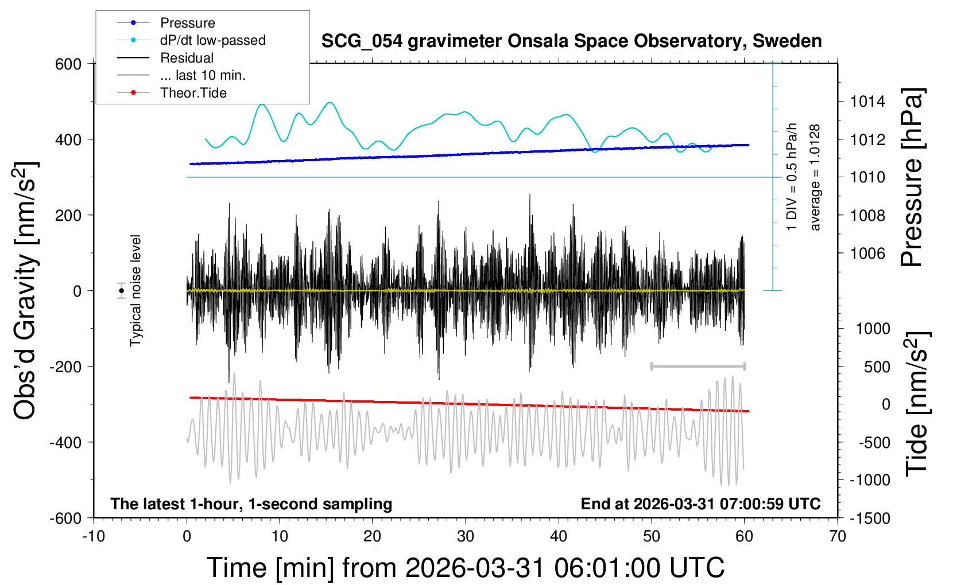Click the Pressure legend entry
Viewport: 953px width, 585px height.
(187, 23)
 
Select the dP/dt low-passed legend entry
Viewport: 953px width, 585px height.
(212, 40)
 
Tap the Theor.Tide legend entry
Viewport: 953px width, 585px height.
(193, 93)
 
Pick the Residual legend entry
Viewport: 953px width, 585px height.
(187, 58)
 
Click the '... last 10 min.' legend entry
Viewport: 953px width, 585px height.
(203, 75)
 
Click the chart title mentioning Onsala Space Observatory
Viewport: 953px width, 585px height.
(571, 41)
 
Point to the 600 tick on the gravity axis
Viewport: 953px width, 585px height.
(68, 64)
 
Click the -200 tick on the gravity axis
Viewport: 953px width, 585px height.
(65, 366)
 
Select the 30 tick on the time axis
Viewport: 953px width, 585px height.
(466, 536)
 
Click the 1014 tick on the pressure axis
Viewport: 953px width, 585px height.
(867, 102)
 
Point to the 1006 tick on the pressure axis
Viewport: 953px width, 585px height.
(867, 253)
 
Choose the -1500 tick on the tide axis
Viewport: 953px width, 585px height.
(870, 518)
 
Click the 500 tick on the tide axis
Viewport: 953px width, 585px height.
(877, 366)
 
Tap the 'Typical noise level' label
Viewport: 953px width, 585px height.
(135, 291)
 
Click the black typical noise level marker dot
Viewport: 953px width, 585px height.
(121, 291)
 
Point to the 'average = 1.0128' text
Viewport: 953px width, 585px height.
(815, 178)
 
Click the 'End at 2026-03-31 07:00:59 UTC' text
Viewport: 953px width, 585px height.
(700, 504)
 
